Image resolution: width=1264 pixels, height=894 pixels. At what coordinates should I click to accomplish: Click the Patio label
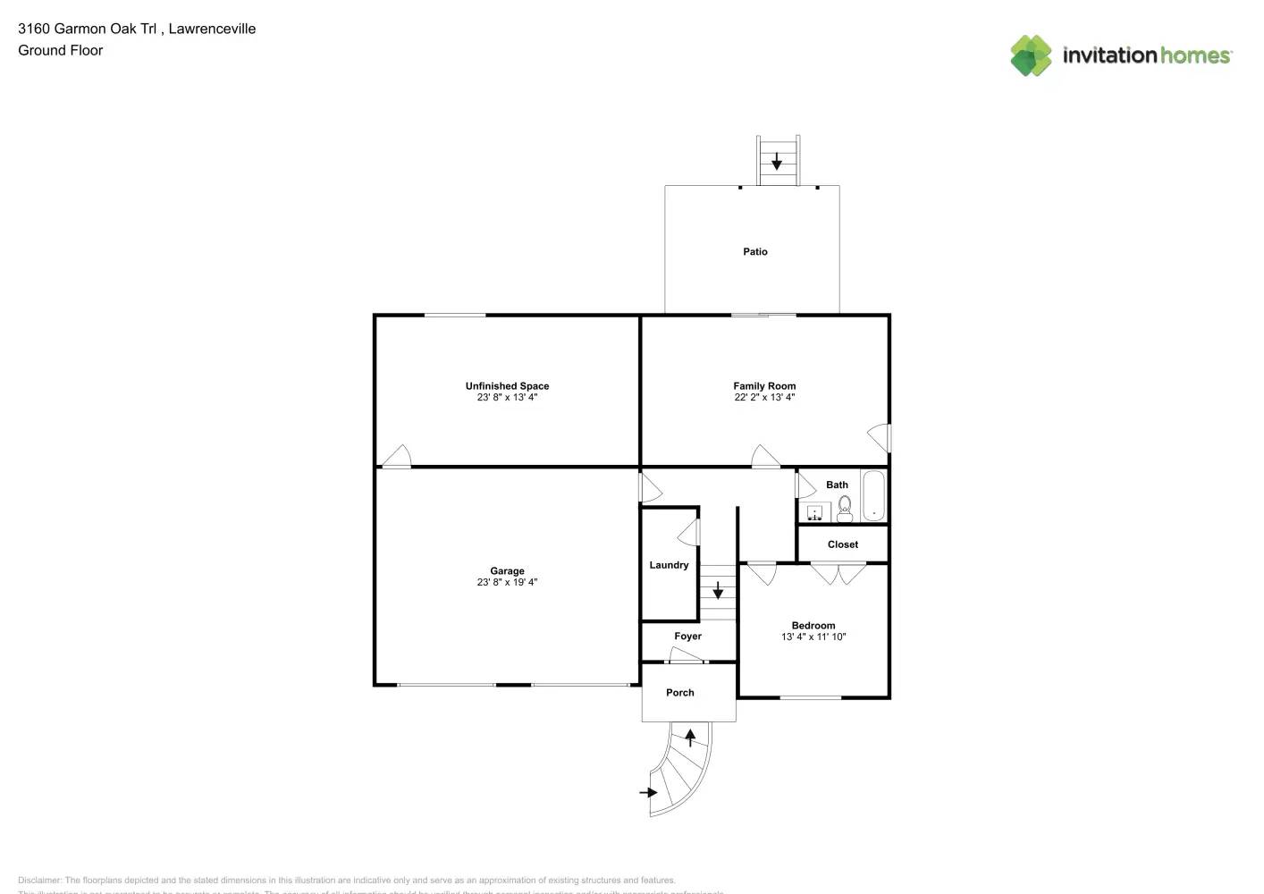755,252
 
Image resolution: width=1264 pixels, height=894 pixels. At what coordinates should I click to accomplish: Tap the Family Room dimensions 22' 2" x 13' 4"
764,398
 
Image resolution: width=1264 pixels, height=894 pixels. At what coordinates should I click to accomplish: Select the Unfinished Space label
507,386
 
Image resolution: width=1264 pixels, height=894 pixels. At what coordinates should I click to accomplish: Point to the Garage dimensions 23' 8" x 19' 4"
507,583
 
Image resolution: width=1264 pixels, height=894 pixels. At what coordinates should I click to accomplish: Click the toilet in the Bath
845,509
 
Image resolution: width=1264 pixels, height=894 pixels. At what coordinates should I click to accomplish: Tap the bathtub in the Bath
873,496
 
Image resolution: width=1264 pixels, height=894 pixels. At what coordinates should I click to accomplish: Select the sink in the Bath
814,512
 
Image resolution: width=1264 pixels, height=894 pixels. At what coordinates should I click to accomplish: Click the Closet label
843,544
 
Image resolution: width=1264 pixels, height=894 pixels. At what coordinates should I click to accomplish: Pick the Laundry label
669,566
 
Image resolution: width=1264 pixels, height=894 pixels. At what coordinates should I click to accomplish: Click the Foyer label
687,637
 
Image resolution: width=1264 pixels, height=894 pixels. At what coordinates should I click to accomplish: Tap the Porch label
680,693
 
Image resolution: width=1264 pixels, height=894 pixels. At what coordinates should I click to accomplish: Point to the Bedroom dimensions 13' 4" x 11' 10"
813,637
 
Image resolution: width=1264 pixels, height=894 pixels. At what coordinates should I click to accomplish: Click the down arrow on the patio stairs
777,162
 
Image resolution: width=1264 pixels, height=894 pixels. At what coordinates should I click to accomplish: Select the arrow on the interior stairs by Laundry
718,590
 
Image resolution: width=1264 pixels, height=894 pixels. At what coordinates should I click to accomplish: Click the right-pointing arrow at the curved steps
648,792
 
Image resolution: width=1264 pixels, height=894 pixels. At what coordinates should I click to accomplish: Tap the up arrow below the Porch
690,738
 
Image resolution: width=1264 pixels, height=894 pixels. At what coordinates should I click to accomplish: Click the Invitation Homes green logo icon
1031,55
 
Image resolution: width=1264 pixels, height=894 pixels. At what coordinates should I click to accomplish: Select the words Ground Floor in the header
61,50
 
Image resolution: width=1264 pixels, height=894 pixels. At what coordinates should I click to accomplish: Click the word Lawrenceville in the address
212,29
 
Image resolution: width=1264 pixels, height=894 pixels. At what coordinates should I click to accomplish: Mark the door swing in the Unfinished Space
396,456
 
